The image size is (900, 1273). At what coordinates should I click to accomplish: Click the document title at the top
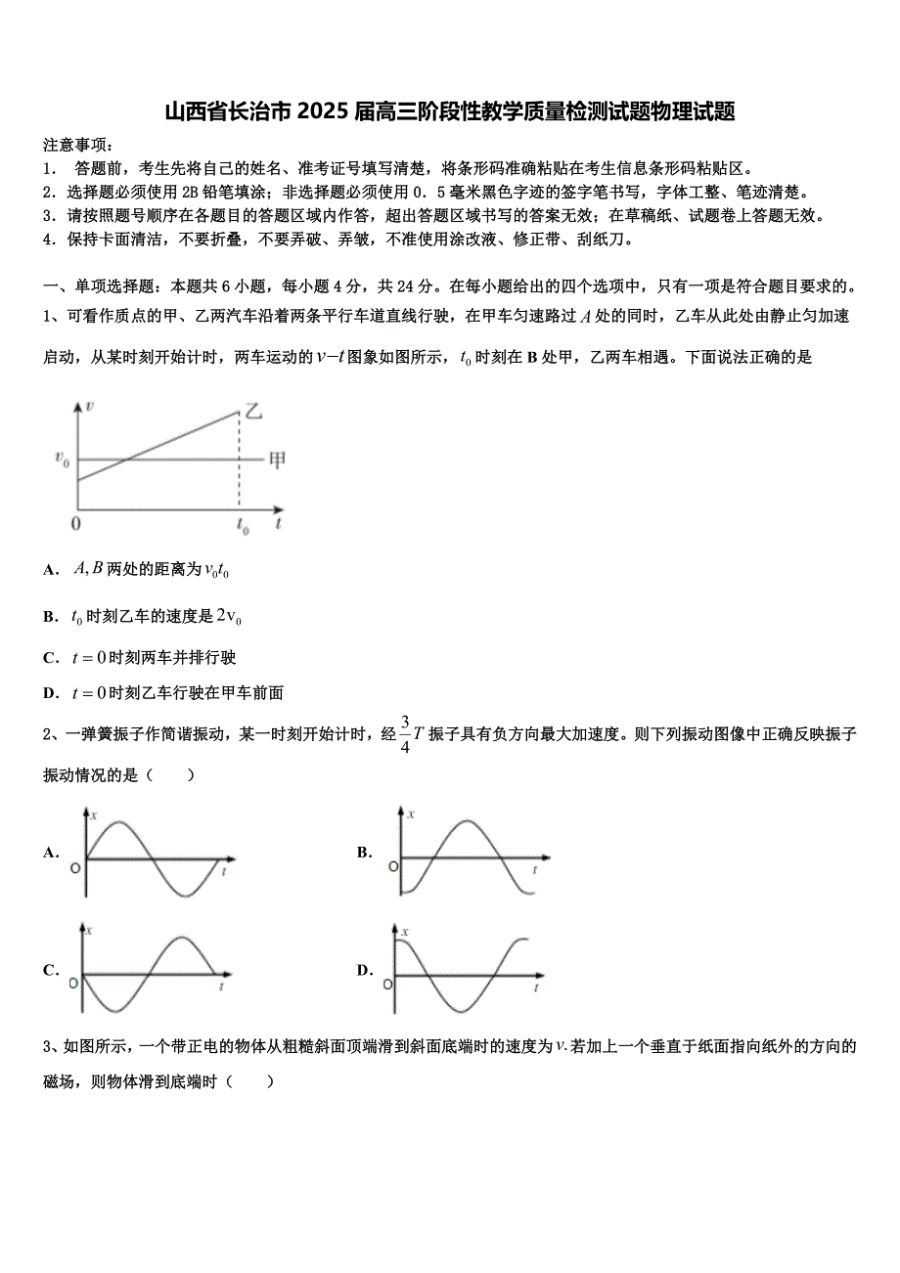click(449, 111)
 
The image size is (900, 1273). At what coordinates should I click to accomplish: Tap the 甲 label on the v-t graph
click(278, 459)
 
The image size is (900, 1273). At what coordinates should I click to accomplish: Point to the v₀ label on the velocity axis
click(62, 458)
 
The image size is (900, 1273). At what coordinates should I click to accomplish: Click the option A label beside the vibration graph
click(51, 853)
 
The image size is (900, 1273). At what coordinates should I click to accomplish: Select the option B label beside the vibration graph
click(364, 853)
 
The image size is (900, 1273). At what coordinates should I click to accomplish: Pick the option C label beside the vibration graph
click(51, 970)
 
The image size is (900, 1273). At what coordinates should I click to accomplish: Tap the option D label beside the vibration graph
click(364, 970)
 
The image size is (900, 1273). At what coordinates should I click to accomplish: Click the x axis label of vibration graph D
click(405, 932)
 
